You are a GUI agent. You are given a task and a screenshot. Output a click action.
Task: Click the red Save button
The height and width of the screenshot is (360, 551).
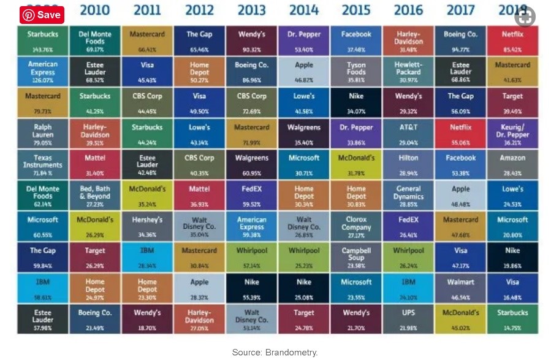(x=42, y=15)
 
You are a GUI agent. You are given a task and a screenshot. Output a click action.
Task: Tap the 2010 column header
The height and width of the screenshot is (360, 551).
(x=95, y=10)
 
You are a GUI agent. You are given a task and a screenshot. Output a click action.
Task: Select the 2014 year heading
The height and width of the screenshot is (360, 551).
(x=304, y=10)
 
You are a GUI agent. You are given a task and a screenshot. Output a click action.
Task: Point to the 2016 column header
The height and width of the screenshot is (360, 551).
(x=408, y=10)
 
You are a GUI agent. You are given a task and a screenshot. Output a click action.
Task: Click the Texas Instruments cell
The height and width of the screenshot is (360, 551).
(x=43, y=165)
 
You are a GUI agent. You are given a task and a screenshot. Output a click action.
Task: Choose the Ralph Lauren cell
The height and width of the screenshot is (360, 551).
(x=43, y=134)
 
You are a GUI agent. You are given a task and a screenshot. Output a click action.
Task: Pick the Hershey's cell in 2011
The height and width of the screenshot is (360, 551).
(x=147, y=227)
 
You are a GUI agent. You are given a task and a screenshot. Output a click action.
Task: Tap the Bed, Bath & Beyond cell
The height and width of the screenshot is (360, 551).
(x=95, y=196)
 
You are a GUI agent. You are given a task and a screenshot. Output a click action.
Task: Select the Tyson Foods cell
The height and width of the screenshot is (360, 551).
(x=356, y=72)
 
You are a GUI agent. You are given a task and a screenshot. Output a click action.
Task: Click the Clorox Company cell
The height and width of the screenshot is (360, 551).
(x=356, y=227)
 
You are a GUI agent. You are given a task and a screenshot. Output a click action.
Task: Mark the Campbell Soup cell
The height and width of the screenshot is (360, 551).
(x=356, y=258)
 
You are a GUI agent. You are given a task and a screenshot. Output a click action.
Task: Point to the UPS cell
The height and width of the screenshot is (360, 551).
(x=408, y=320)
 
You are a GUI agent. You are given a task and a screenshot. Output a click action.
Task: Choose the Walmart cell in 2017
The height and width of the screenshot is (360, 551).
(x=460, y=289)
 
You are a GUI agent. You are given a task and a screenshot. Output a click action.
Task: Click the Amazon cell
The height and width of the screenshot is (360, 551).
(x=512, y=165)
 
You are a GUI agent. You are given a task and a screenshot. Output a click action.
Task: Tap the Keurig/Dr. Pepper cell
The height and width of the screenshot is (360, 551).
(x=512, y=134)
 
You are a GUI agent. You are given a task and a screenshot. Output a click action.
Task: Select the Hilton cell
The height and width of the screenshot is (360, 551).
(x=408, y=165)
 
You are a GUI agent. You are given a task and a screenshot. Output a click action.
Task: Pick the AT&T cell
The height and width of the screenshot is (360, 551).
(x=408, y=134)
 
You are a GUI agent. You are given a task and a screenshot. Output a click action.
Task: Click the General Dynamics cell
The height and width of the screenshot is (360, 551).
(x=408, y=196)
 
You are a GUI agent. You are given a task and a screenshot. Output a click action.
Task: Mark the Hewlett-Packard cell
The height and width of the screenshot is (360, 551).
(x=408, y=72)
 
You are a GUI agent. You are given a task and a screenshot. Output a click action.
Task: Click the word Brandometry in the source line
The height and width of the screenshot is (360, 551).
(x=291, y=353)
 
